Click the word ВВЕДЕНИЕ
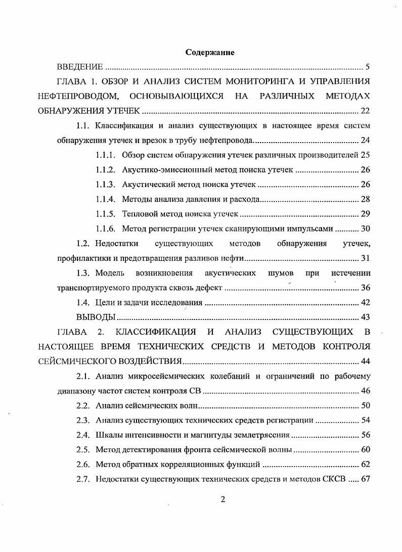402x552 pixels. [80, 67]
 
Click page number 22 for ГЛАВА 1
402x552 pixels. [365, 111]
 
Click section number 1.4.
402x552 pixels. [83, 303]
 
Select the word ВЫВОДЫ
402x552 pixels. [96, 317]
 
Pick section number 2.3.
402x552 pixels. [83, 420]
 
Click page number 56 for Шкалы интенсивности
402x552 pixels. [365, 435]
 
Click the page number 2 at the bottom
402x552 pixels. [222, 499]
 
